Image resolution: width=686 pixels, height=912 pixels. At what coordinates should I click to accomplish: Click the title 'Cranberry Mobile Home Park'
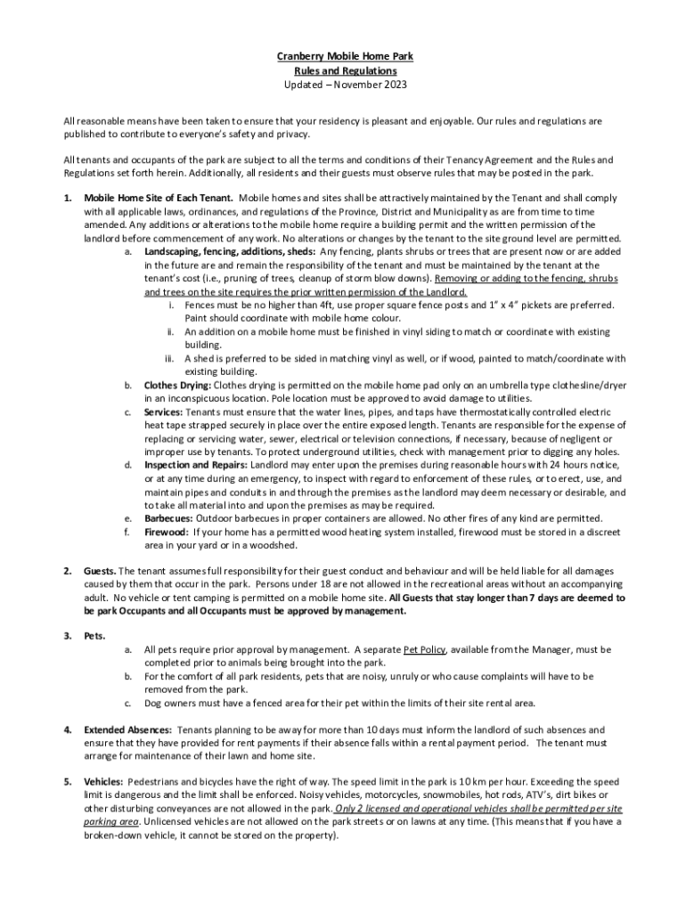[x=344, y=56]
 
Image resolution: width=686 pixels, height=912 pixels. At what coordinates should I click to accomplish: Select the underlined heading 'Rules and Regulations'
[x=344, y=70]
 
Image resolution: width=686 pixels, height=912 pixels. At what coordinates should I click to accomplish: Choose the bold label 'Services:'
[x=163, y=412]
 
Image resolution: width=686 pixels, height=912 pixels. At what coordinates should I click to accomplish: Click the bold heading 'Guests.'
[x=100, y=571]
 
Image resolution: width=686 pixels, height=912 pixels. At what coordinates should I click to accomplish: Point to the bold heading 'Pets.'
[x=94, y=637]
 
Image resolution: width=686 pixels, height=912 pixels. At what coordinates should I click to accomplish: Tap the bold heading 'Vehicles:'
[x=103, y=782]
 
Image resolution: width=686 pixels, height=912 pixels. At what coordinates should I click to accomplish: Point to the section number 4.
[x=67, y=729]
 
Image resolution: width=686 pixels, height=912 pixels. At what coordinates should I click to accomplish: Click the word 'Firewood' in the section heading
[x=165, y=532]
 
